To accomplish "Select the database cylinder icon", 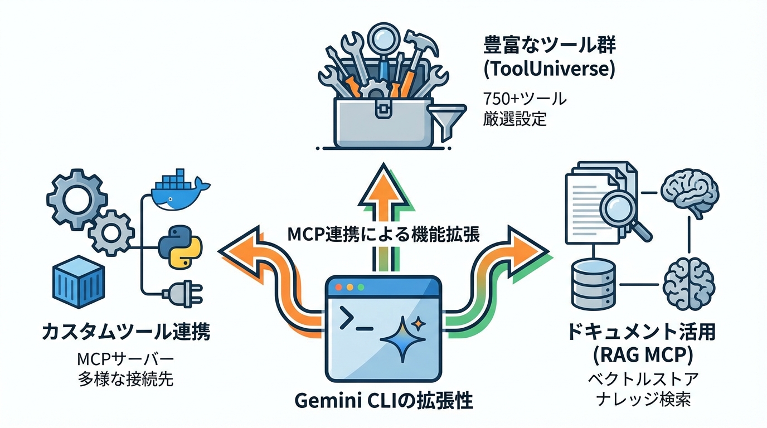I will pos(594,285).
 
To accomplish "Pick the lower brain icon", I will pos(690,284).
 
